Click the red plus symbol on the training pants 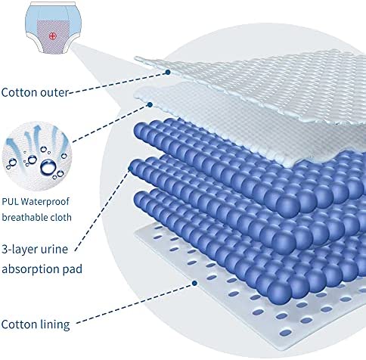point(52,36)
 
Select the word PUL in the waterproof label point(10,202)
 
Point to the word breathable point(25,217)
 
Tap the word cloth point(61,217)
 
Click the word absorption point(31,269)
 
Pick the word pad point(73,268)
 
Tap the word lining point(55,324)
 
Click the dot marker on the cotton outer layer point(168,73)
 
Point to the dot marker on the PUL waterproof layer point(150,104)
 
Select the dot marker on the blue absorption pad point(131,169)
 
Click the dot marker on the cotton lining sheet point(194,284)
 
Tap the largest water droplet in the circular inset point(48,166)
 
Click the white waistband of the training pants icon point(53,3)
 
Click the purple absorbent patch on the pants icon point(52,37)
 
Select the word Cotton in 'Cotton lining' point(20,324)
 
